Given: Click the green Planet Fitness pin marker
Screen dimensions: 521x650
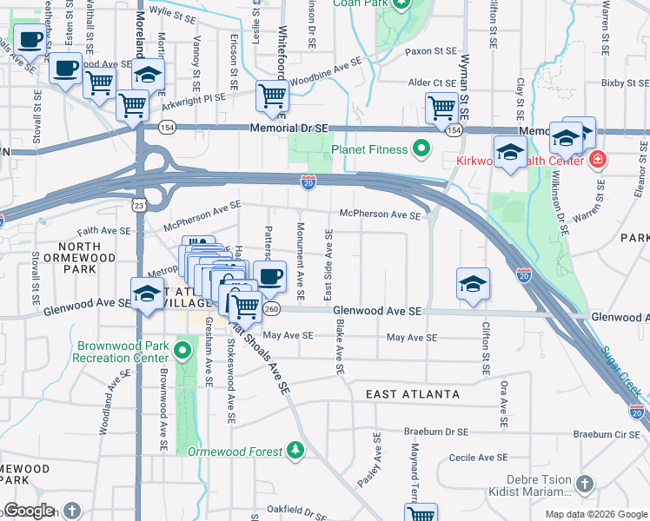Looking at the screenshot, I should pyautogui.click(x=422, y=149).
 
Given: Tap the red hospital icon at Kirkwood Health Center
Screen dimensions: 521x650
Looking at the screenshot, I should pyautogui.click(x=598, y=160).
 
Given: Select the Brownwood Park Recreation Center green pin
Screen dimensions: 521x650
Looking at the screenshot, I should pyautogui.click(x=182, y=350).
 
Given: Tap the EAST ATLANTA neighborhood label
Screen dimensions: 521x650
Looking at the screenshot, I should pyautogui.click(x=412, y=394).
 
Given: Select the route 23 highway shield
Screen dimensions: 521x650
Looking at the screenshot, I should pyautogui.click(x=138, y=205).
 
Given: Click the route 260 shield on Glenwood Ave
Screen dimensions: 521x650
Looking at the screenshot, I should pyautogui.click(x=272, y=309).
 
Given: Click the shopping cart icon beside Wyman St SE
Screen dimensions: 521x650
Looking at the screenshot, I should pyautogui.click(x=441, y=108).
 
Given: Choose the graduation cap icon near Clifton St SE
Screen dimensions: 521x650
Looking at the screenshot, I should pyautogui.click(x=473, y=283).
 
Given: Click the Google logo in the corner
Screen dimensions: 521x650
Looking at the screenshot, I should pyautogui.click(x=29, y=511).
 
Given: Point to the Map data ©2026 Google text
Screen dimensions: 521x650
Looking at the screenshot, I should pyautogui.click(x=595, y=514).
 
